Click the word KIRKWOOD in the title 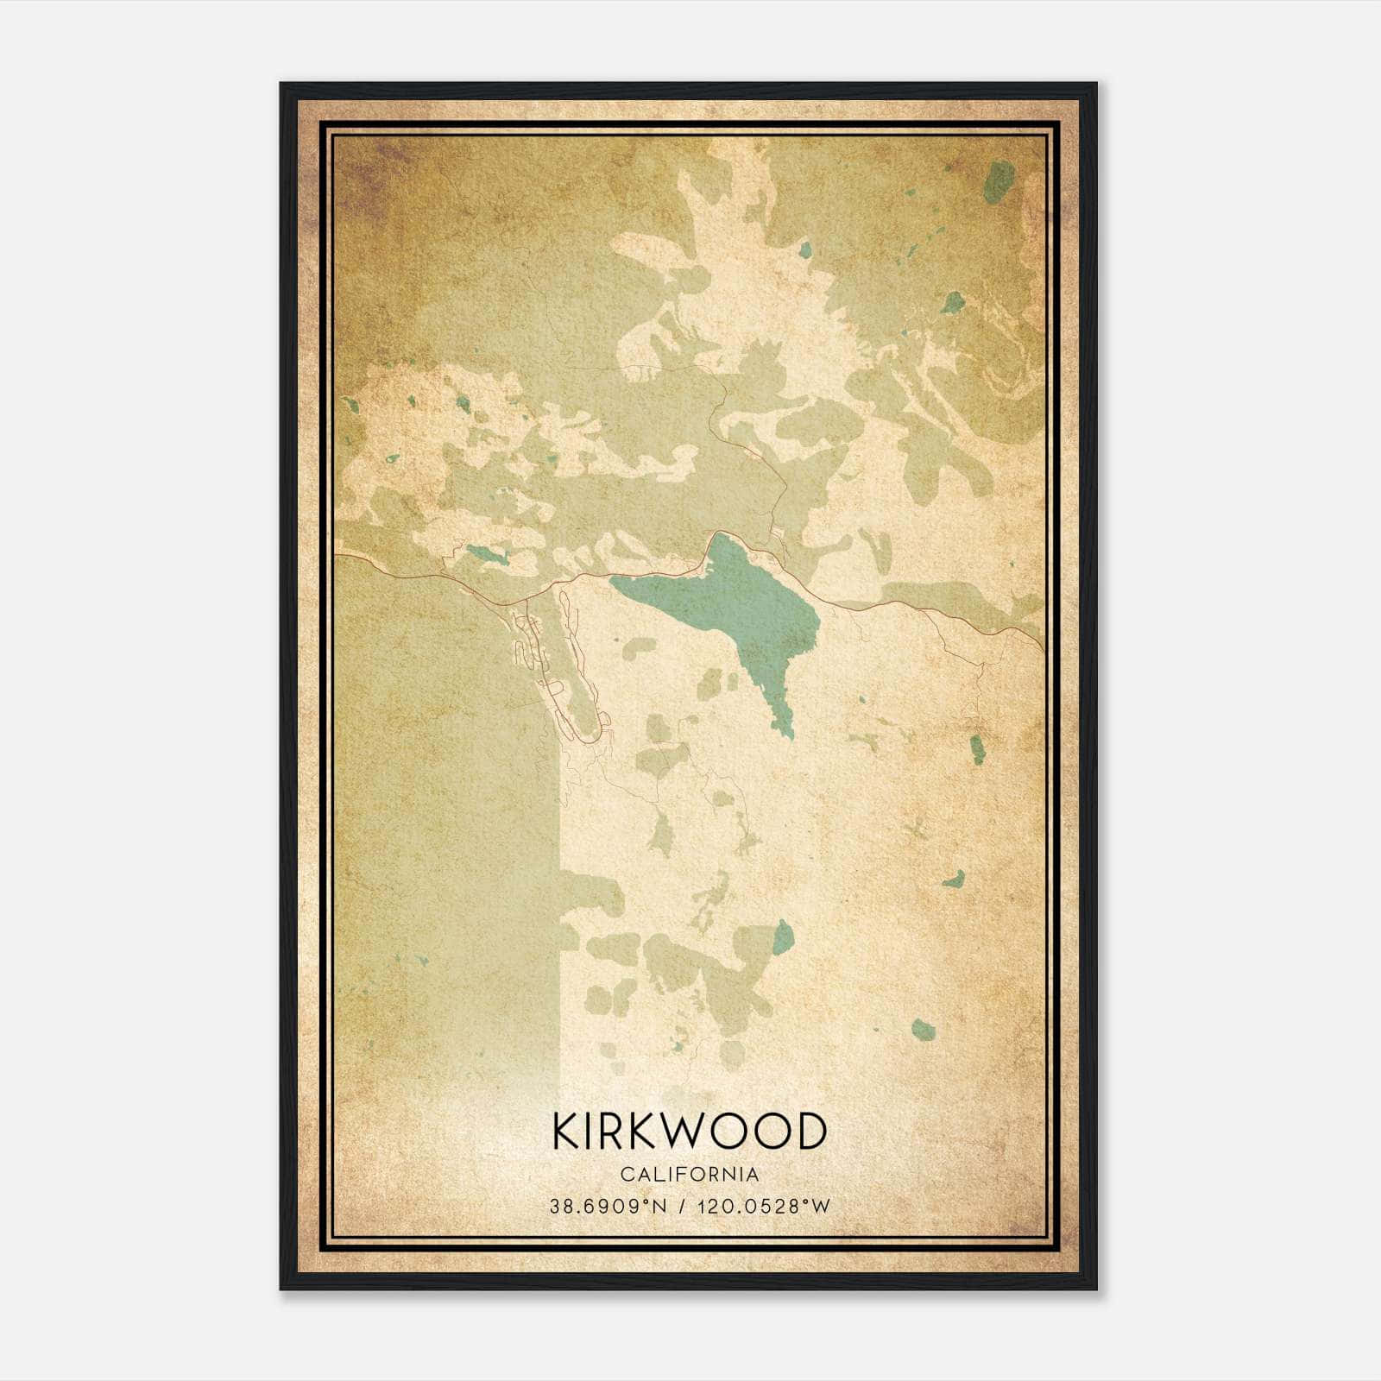point(689,1132)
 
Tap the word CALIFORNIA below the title point(689,1175)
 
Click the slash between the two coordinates point(684,1207)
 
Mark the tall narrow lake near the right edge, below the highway point(977,749)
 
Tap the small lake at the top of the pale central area point(804,250)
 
